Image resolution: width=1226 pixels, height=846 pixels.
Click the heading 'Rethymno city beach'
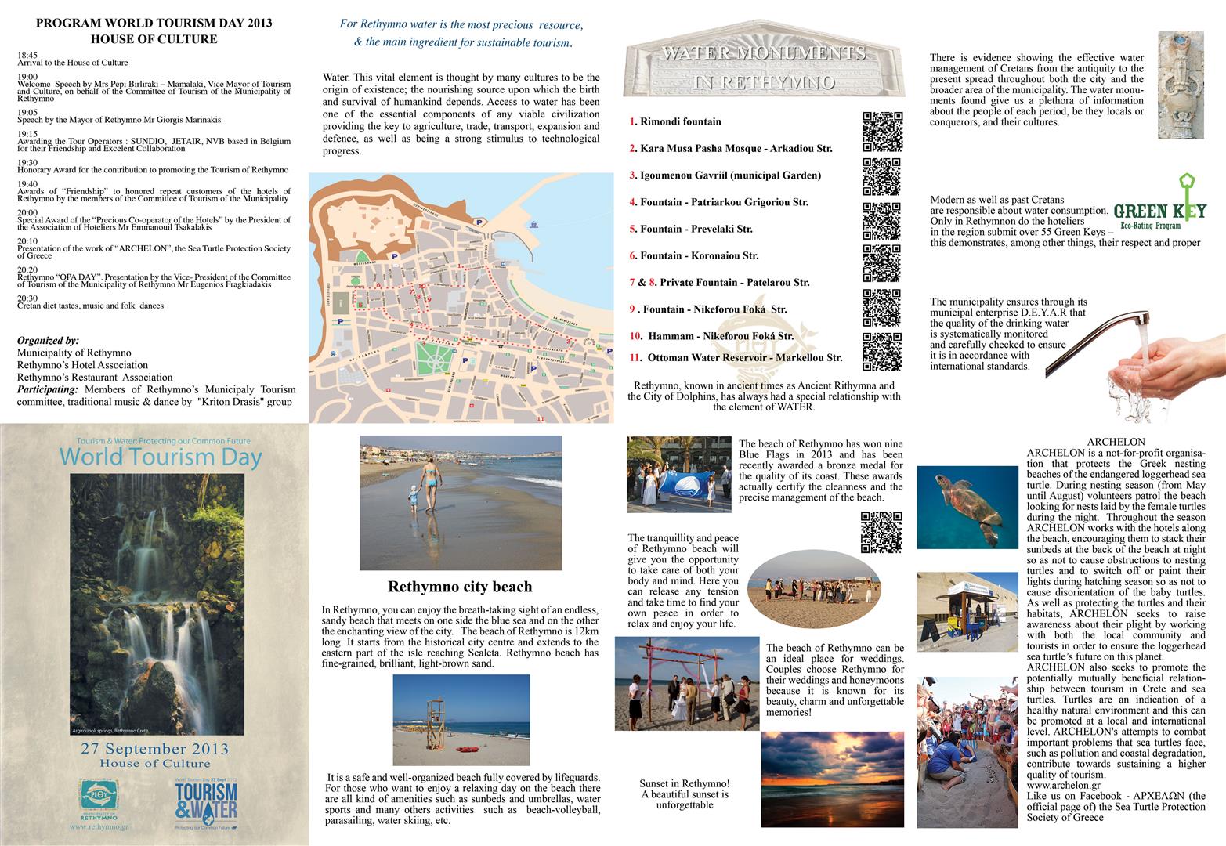coord(460,587)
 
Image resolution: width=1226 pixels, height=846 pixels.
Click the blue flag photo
coord(678,475)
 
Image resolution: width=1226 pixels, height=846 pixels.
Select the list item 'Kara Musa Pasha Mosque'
coord(730,148)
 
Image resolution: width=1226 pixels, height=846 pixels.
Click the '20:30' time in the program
coord(27,298)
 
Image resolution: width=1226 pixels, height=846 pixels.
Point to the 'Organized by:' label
coord(48,341)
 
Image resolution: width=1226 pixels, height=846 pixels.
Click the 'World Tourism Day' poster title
coord(160,457)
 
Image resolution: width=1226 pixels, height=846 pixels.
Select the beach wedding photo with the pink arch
coord(686,683)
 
